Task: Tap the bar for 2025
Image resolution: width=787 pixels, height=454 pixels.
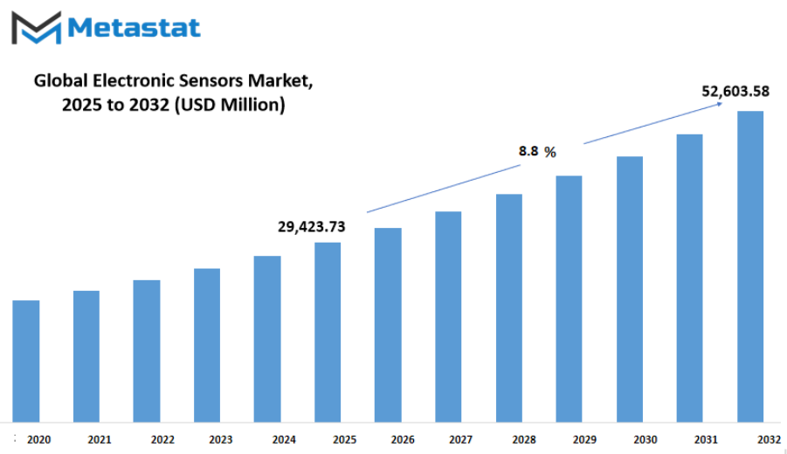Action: pos(328,333)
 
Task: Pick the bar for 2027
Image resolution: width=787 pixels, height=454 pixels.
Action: pos(448,317)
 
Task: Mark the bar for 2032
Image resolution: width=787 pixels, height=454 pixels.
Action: pos(750,267)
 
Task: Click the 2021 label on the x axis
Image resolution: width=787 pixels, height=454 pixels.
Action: pos(100,439)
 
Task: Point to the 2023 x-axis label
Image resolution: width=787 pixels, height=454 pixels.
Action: pos(220,439)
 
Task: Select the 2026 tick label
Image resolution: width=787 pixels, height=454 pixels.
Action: pos(403,439)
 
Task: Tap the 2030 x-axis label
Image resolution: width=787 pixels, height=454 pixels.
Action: pos(645,439)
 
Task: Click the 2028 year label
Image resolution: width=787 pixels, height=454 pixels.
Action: pos(524,439)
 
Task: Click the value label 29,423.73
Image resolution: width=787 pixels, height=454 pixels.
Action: pos(312,227)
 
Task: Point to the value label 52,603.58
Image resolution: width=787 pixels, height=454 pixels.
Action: pos(735,91)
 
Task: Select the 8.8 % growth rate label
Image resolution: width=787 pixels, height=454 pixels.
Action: pos(537,151)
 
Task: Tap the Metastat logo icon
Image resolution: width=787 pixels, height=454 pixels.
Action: pos(36,28)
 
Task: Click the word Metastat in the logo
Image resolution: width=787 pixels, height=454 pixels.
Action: pos(134,28)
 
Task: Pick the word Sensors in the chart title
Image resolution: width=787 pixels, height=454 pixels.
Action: pos(210,81)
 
